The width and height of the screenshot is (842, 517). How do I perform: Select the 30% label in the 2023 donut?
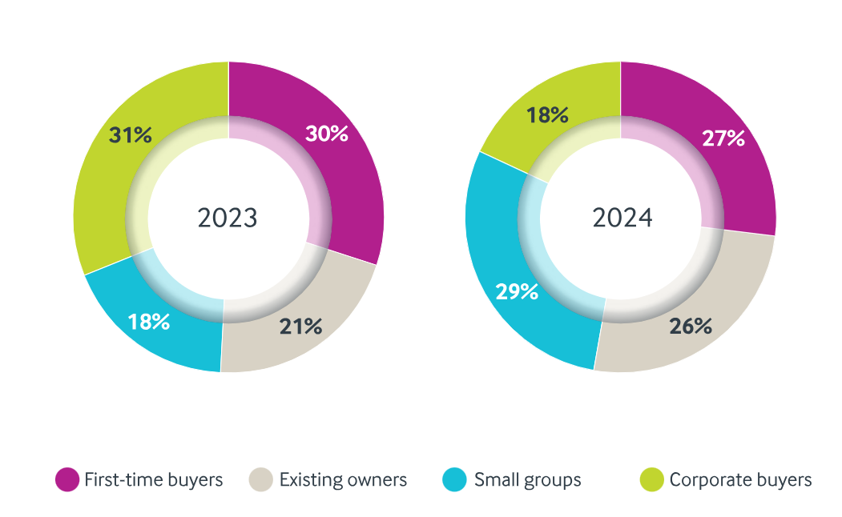pos(326,134)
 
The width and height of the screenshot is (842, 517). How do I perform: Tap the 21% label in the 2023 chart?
pos(300,326)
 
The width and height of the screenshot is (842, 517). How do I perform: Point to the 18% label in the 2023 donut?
pos(149,322)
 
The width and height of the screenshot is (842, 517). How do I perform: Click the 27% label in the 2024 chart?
pos(723,138)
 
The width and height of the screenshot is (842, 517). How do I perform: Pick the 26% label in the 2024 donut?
pos(691,326)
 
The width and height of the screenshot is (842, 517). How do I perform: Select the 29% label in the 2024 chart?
pos(517,291)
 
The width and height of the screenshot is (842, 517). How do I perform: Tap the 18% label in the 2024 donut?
pos(547,114)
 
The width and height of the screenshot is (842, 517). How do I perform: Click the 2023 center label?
pos(228,218)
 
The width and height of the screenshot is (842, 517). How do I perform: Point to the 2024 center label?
pos(622,218)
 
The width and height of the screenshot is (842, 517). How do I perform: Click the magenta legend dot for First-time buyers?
pos(67,480)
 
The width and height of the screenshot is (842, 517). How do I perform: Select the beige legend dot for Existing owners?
pos(262,480)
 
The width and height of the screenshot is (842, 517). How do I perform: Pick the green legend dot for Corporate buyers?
pos(651,480)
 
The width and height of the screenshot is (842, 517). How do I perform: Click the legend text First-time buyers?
pos(153,480)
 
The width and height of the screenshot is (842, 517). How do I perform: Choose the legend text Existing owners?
pos(343,480)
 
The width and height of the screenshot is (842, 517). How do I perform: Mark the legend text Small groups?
pos(527,480)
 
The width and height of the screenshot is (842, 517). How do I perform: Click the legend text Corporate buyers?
pos(740,480)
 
